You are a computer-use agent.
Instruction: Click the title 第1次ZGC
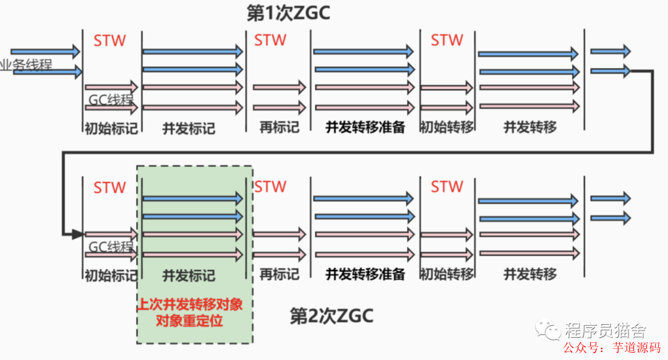click(x=288, y=14)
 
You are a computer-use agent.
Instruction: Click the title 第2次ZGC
click(x=332, y=316)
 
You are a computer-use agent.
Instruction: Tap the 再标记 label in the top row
click(x=279, y=127)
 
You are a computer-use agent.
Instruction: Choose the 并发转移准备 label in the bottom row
click(x=365, y=274)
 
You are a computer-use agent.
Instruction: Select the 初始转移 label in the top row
click(x=447, y=127)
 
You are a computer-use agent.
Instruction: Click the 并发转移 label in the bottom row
click(x=530, y=273)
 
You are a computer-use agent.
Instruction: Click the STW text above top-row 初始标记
click(x=109, y=41)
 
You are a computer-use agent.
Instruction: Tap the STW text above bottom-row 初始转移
click(x=447, y=186)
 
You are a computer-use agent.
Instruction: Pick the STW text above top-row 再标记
click(x=270, y=40)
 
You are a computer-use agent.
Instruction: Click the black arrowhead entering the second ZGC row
click(x=77, y=234)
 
